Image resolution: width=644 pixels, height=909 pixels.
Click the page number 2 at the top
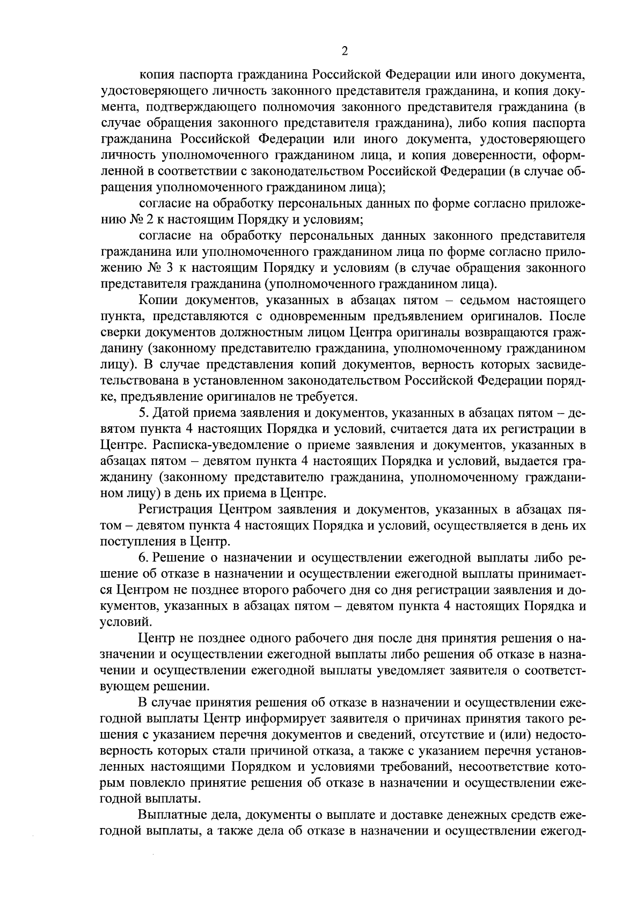tap(344, 51)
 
